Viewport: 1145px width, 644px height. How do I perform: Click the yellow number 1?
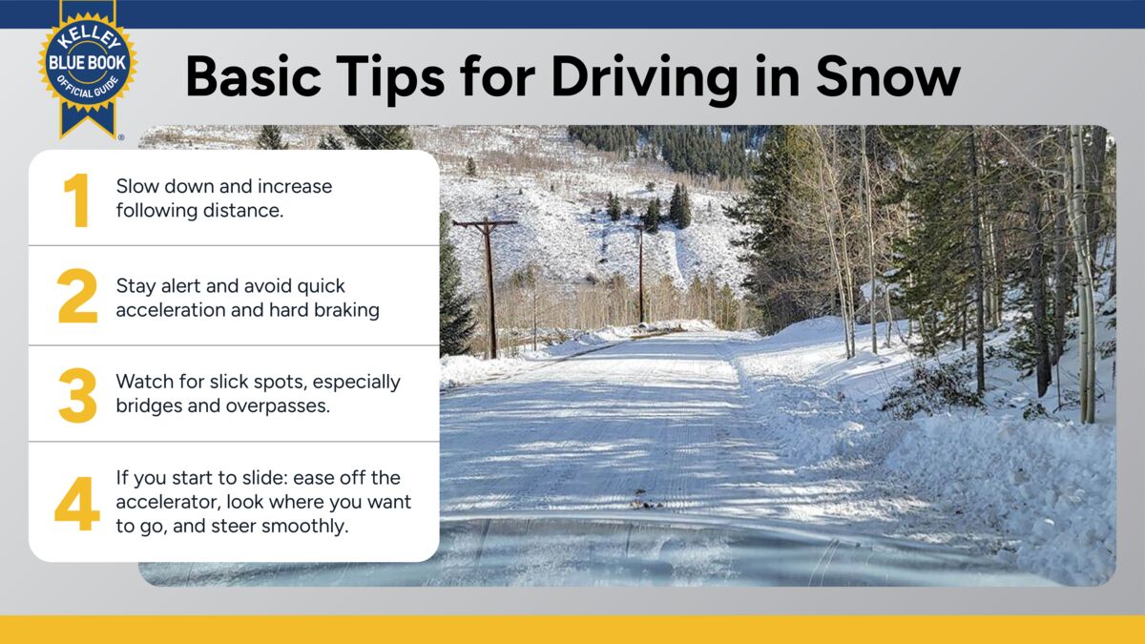click(76, 201)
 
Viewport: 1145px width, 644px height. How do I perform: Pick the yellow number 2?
click(77, 297)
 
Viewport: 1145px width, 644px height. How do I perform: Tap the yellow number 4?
click(76, 505)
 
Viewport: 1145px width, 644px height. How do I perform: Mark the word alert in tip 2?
click(187, 285)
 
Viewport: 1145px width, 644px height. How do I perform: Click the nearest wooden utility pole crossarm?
click(485, 223)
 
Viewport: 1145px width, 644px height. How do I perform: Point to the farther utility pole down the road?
click(640, 272)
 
